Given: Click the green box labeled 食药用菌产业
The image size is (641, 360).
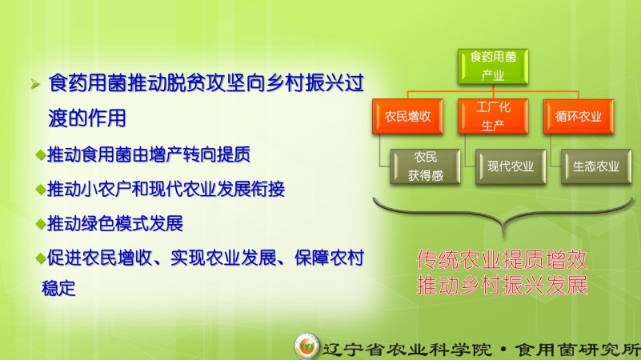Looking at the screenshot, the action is pyautogui.click(x=493, y=66).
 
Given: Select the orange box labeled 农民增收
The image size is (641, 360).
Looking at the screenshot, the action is pyautogui.click(x=407, y=117).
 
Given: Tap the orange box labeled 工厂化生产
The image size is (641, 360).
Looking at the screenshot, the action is pyautogui.click(x=493, y=117).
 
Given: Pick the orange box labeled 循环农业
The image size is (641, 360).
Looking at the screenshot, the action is pyautogui.click(x=579, y=117).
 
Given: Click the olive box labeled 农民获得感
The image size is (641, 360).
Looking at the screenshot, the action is pyautogui.click(x=425, y=166).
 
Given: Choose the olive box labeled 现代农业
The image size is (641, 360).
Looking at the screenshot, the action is pyautogui.click(x=511, y=166).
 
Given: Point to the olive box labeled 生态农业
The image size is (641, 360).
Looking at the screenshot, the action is pyautogui.click(x=596, y=166).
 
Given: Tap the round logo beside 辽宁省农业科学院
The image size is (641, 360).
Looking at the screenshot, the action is pyautogui.click(x=306, y=346).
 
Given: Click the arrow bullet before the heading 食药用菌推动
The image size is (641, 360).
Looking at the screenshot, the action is pyautogui.click(x=35, y=84).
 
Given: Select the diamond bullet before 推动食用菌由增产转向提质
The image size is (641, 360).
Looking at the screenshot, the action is pyautogui.click(x=41, y=155).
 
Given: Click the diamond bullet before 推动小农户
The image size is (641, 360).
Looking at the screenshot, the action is pyautogui.click(x=41, y=190).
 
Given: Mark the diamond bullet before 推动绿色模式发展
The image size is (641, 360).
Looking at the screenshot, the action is pyautogui.click(x=41, y=224).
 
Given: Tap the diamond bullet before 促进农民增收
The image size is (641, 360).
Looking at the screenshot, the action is pyautogui.click(x=41, y=258).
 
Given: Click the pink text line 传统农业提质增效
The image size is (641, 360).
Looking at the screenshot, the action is pyautogui.click(x=502, y=259).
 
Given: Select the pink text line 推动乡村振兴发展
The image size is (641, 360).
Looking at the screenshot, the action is pyautogui.click(x=502, y=285).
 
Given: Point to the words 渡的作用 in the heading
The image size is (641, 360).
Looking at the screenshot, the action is pyautogui.click(x=87, y=118).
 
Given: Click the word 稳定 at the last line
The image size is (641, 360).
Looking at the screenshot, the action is pyautogui.click(x=58, y=288).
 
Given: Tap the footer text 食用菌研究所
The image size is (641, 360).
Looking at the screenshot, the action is pyautogui.click(x=577, y=350).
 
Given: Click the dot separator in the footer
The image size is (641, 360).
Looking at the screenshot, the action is pyautogui.click(x=503, y=350).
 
